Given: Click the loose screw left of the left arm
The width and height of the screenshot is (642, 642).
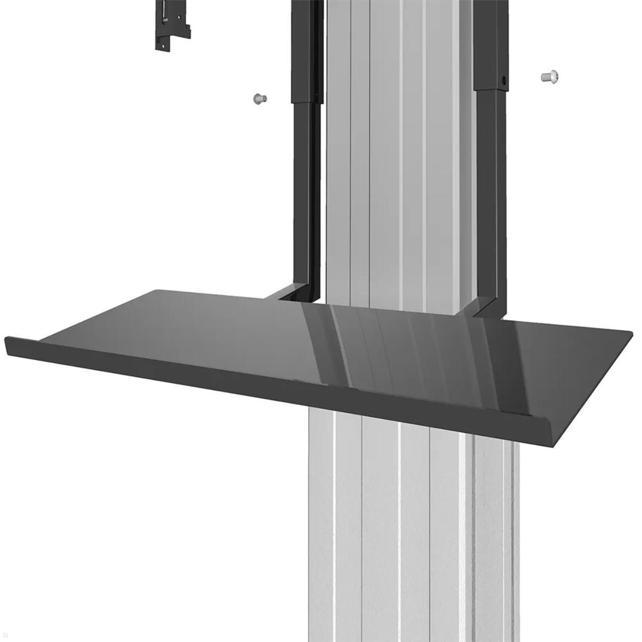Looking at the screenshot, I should tap(259, 98).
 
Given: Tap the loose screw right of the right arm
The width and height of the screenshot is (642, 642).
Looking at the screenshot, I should tap(549, 77).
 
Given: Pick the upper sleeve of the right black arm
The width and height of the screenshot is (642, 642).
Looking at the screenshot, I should tap(490, 43).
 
